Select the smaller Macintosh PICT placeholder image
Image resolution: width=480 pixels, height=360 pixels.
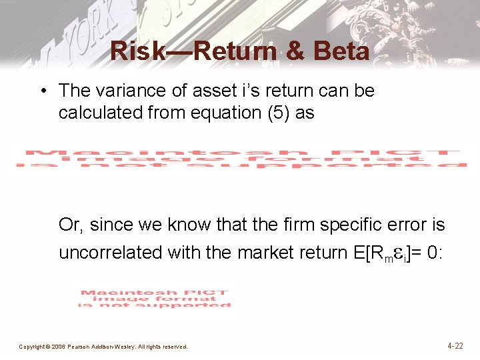pos(154,299)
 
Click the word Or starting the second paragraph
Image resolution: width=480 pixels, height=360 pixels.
pos(70,225)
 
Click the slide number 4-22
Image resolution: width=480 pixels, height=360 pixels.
pos(455,346)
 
